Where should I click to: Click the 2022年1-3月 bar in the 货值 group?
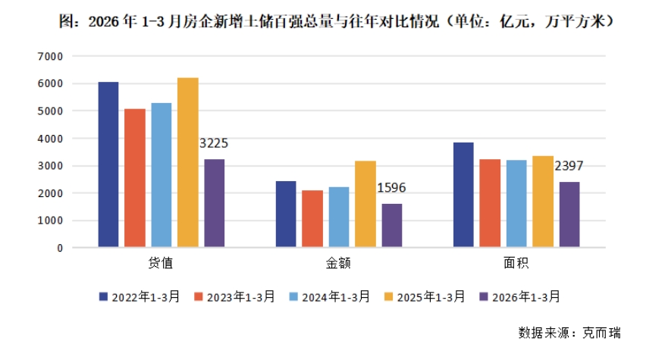108,164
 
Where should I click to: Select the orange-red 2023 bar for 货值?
135,177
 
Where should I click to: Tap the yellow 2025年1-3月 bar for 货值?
187,162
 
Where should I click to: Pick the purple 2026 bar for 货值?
214,203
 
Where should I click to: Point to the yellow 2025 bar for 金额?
365,204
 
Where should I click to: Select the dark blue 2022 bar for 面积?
464,195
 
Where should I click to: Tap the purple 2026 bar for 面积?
569,214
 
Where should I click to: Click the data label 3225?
213,143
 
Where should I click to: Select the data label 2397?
569,166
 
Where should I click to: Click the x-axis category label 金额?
338,264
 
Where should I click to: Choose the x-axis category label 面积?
516,264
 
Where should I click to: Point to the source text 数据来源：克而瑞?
569,333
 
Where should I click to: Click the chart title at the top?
332,22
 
